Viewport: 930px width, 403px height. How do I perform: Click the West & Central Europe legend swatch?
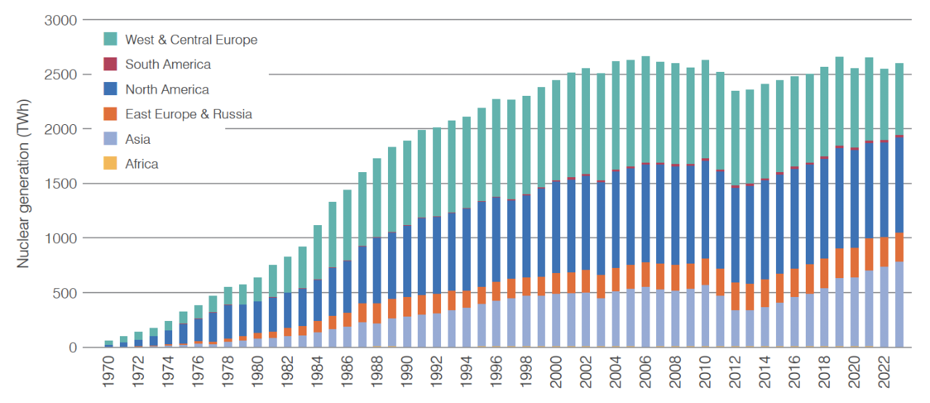click(x=110, y=39)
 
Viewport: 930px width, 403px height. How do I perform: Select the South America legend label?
click(x=168, y=65)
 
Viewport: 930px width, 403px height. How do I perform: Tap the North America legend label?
click(x=167, y=90)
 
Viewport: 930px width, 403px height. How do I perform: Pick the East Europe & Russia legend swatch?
click(x=110, y=114)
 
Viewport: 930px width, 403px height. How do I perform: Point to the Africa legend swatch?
click(x=110, y=164)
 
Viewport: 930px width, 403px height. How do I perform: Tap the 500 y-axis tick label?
click(x=65, y=293)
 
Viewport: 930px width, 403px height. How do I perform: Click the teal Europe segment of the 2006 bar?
click(x=645, y=109)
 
